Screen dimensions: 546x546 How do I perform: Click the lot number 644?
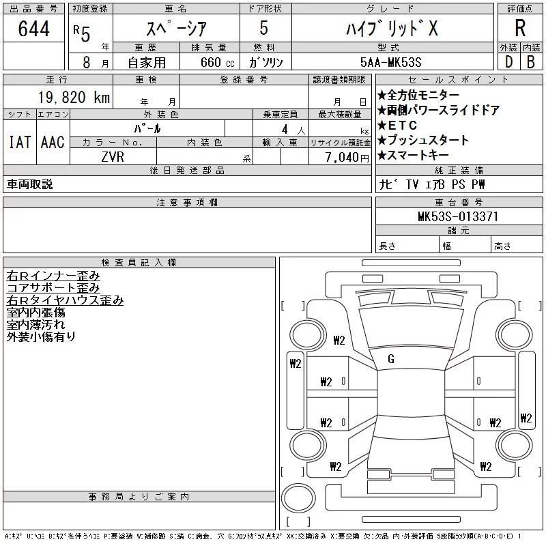[33, 28]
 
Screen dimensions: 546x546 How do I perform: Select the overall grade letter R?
[520, 28]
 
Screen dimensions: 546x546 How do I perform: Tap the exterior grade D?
[508, 62]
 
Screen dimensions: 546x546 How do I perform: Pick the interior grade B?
[531, 62]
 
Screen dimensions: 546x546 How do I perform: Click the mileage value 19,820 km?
[74, 97]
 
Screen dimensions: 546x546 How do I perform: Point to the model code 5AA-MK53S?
[390, 62]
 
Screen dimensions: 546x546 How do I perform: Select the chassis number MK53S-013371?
[458, 216]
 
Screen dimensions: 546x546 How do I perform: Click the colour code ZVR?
[113, 157]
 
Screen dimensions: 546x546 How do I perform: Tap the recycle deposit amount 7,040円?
[347, 158]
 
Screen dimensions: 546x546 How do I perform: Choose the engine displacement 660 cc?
[217, 62]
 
